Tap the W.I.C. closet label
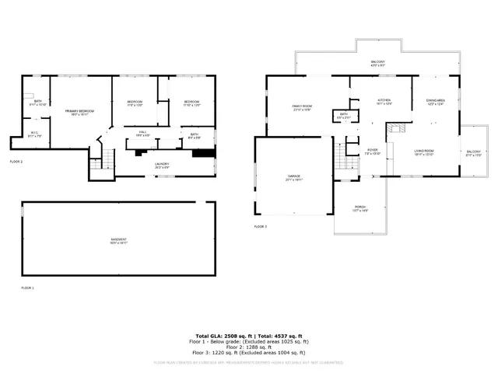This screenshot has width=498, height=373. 35,133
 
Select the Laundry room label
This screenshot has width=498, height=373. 162,164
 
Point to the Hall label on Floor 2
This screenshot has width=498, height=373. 143,133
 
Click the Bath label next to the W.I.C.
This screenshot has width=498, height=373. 37,102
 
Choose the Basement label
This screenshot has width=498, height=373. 118,240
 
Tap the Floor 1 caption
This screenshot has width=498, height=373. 27,288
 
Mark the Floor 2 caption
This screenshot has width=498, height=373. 16,161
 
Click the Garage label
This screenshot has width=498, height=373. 293,177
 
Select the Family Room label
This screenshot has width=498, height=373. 302,106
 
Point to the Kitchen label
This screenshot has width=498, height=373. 384,101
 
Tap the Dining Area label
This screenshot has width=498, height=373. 435,101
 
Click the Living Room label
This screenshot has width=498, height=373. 423,152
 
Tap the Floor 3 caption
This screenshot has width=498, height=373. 260,226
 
